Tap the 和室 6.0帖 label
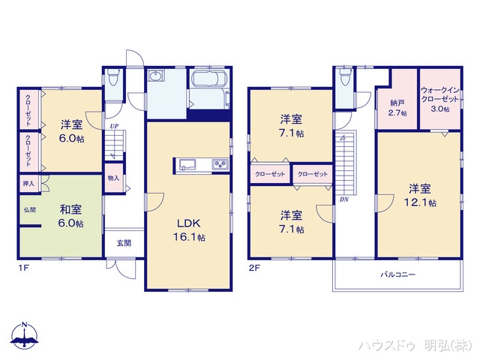[71, 216]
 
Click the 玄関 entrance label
[124, 243]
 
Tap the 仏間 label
[29, 211]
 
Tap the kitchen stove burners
[220, 165]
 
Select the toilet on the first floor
[113, 77]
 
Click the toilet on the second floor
[346, 78]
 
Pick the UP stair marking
[113, 127]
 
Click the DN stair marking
[343, 199]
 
